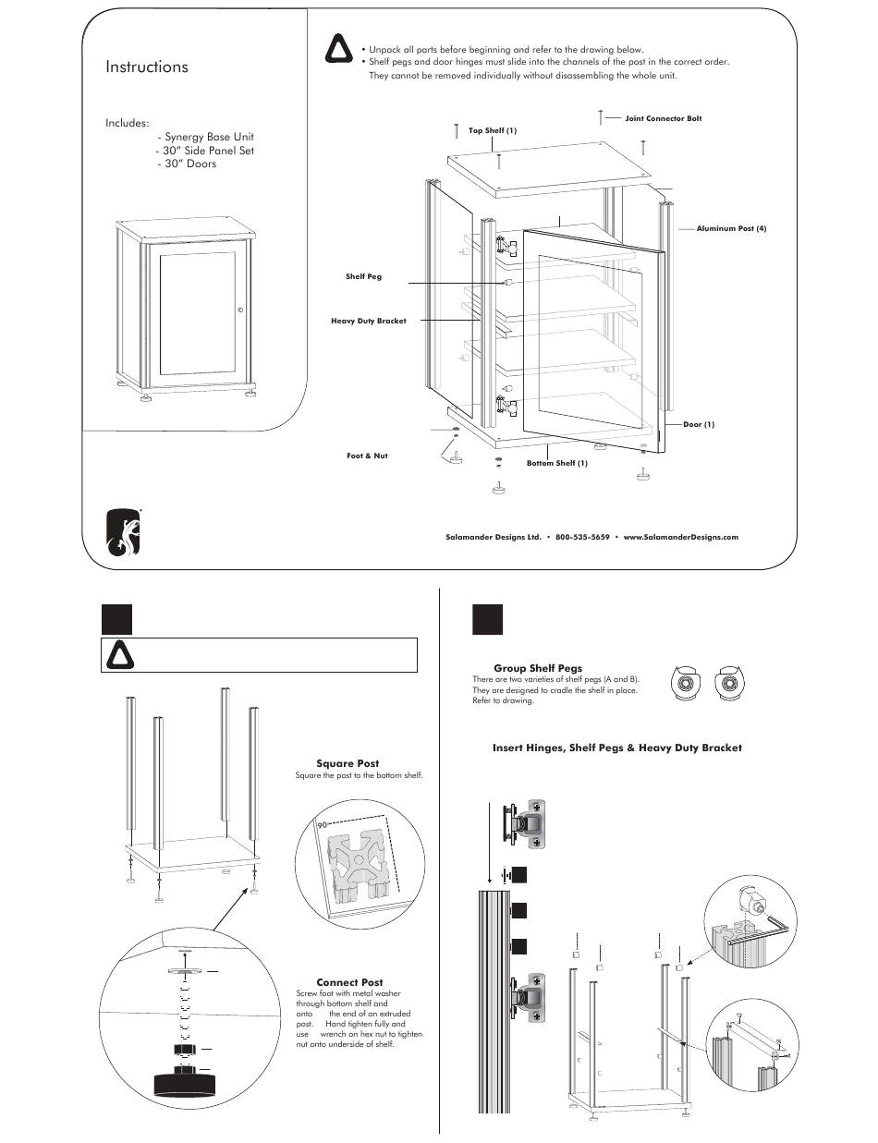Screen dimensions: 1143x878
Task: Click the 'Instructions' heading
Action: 147,67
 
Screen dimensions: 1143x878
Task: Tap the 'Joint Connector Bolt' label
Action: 664,119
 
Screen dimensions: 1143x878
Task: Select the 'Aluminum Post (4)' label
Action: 731,228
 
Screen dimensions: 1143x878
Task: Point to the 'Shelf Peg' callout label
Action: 363,276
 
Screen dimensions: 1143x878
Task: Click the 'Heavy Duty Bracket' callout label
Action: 369,321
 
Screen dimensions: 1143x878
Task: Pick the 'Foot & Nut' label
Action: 367,456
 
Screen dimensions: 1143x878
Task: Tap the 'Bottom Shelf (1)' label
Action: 557,463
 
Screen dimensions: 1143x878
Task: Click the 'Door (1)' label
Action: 699,424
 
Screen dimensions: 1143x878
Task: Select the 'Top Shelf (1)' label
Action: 493,130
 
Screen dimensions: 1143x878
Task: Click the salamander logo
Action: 124,533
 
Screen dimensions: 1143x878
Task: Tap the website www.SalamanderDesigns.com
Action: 681,537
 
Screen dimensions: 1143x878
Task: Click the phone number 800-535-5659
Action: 582,537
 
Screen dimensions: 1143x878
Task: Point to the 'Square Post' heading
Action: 348,764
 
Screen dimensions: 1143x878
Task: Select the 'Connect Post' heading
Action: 349,982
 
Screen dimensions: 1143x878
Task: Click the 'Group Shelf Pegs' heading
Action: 538,668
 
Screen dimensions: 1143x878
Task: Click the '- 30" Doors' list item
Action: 187,164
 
